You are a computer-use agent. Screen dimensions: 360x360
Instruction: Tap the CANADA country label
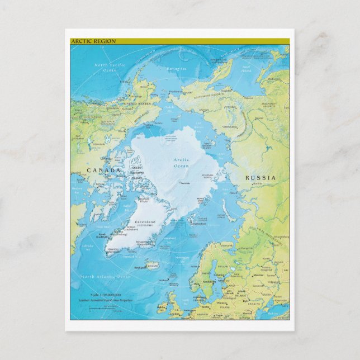(103, 170)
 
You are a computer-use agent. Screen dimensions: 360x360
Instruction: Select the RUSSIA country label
(260, 178)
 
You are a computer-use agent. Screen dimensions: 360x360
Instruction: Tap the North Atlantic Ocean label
(106, 277)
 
